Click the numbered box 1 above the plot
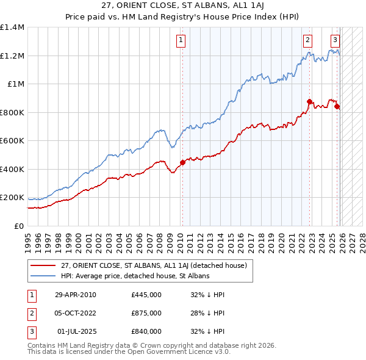182,41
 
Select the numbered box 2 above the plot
307,41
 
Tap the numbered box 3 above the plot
335,41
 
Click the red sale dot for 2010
182,163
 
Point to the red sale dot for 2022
310,102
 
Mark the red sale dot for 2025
337,107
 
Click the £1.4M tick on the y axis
12,27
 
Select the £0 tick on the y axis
20,226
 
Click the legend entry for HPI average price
135,276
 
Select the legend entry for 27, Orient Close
153,266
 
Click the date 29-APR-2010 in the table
76,295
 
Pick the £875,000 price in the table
146,313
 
